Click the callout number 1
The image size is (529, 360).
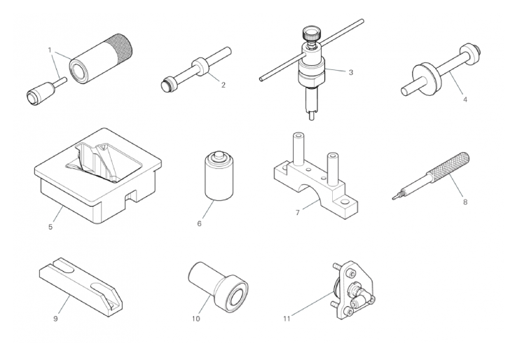point(50,50)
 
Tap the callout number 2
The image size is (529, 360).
point(223,85)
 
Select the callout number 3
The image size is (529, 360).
point(351,72)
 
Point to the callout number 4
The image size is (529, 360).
point(465,99)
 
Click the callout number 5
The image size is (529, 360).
point(50,227)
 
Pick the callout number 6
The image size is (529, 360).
point(199,223)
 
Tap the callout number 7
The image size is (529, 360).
point(298,212)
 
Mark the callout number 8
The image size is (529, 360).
point(465,202)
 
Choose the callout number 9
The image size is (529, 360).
point(55,319)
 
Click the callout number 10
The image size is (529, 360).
point(195,319)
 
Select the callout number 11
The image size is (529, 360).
point(287,319)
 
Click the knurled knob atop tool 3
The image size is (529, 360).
point(312,34)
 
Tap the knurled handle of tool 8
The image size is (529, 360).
point(448,167)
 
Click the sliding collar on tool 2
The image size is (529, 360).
point(200,67)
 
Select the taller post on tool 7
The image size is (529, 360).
point(298,149)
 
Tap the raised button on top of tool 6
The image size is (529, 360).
point(219,156)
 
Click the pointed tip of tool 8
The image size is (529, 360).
point(393,198)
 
